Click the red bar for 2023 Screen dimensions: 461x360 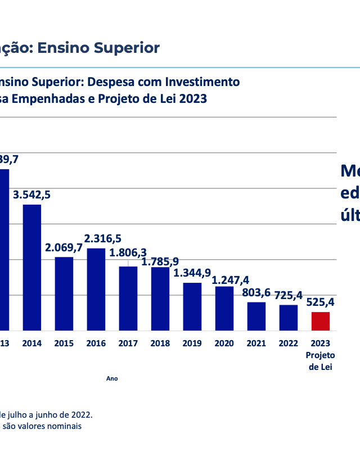coord(321,321)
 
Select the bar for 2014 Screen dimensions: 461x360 coord(31,267)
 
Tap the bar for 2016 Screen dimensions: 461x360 coord(96,289)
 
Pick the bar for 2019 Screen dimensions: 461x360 coord(192,306)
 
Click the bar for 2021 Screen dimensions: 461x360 coord(256,316)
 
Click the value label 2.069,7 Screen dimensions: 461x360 coord(64,247)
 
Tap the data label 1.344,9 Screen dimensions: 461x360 coord(192,273)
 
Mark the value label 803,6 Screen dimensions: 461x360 coord(256,292)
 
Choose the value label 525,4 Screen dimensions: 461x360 coord(321,302)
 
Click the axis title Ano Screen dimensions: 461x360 coord(112,379)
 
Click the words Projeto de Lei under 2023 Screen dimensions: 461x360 coord(321,361)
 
